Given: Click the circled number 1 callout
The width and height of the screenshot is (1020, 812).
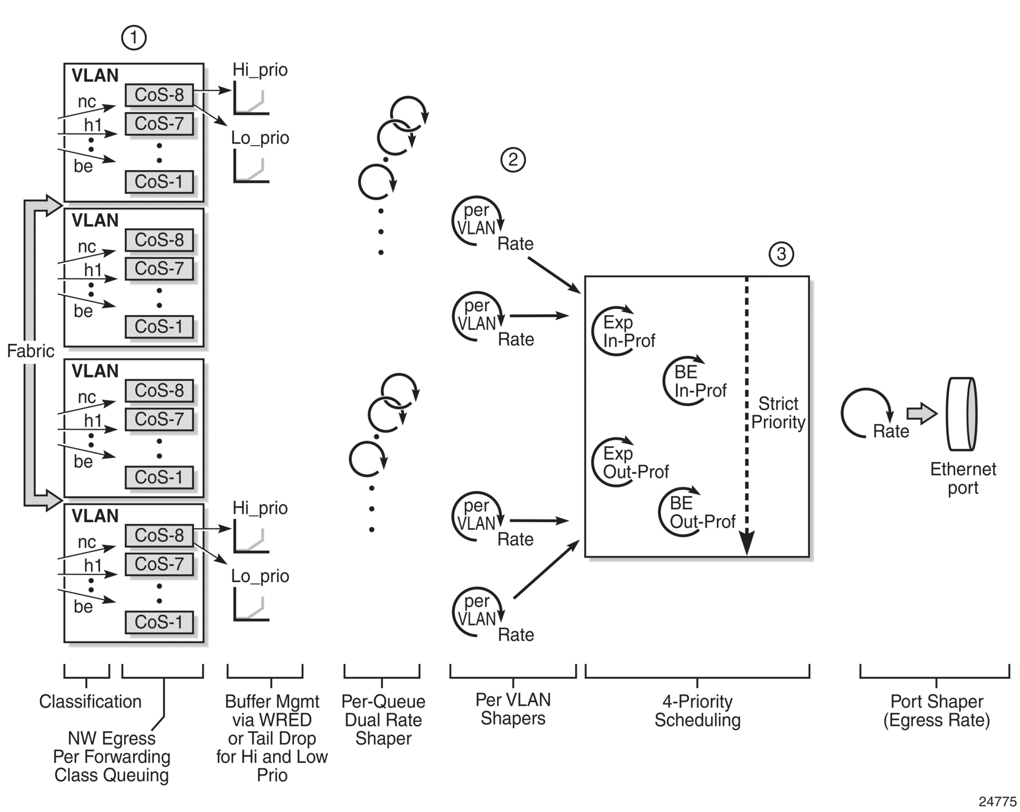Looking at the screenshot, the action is tap(134, 38).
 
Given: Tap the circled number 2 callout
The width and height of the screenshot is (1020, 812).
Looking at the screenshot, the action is tap(513, 160).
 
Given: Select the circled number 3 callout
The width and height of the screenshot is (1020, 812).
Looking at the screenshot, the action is tap(781, 254).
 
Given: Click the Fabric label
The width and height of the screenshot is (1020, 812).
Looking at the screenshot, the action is tap(30, 351).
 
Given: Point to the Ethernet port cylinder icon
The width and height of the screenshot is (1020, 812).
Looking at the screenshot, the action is tap(961, 414).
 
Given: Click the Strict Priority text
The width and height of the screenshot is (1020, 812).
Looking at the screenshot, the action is tap(778, 413).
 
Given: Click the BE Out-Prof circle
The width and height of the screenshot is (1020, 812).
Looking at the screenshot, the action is tap(661, 512).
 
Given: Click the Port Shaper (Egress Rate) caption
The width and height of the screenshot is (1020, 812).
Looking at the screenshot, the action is tap(937, 711).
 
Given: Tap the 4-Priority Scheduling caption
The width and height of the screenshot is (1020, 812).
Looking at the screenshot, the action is tap(698, 711).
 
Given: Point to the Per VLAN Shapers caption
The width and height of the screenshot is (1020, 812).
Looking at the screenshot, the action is tap(513, 709).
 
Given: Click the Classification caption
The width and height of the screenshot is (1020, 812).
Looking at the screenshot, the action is tap(90, 702).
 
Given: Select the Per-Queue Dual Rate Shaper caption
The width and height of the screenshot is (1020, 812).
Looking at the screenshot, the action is tap(383, 720).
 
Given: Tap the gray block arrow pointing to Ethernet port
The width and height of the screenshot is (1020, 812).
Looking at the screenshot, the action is tap(922, 413).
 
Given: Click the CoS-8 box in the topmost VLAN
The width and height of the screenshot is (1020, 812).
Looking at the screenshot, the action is tap(160, 95).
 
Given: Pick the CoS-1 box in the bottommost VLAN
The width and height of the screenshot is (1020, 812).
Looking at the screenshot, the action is tap(160, 622).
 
